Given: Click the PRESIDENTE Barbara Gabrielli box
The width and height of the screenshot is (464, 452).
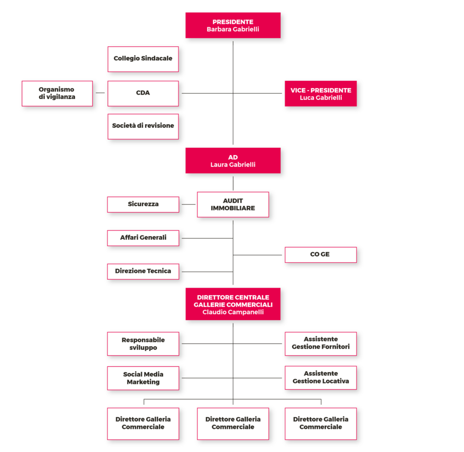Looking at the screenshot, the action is pos(233,25).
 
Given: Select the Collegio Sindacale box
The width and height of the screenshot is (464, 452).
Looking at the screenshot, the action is pos(143,59).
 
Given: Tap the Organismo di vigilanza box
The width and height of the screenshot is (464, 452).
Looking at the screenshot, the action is pos(57,93).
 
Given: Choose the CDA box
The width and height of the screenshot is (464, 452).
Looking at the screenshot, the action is pos(143,93).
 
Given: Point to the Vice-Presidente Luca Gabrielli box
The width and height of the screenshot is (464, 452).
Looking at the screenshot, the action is pos(321,93).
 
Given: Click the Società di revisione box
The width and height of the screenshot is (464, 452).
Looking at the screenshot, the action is pos(143,126).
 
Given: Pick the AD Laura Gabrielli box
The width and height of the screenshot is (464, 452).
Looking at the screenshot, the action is pos(233,160).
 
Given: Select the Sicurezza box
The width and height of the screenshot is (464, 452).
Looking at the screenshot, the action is pos(143,204).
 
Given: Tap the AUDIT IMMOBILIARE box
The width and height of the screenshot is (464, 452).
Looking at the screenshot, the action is pos(233,204).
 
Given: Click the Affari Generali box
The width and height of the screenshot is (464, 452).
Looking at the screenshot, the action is pos(143,238).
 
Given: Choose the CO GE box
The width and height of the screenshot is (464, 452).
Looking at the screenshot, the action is pos(321,255).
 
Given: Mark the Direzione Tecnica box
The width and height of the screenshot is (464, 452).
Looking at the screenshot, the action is pos(143,272).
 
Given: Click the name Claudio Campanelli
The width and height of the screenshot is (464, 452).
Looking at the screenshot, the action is pos(233,312).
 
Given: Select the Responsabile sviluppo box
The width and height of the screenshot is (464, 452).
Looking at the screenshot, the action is pos(143,344).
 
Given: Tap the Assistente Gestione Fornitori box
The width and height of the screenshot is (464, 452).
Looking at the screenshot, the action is pos(321,344).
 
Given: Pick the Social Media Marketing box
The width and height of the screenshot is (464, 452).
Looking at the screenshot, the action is pos(143,378).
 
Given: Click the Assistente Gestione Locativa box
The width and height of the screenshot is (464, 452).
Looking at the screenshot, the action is pos(321,378).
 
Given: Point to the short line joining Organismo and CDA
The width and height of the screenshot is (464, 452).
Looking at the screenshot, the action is pos(100,93).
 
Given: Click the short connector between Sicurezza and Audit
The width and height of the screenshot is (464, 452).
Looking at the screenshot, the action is pos(188,204).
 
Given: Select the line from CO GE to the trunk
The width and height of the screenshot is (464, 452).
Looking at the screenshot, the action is pos(257,255).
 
